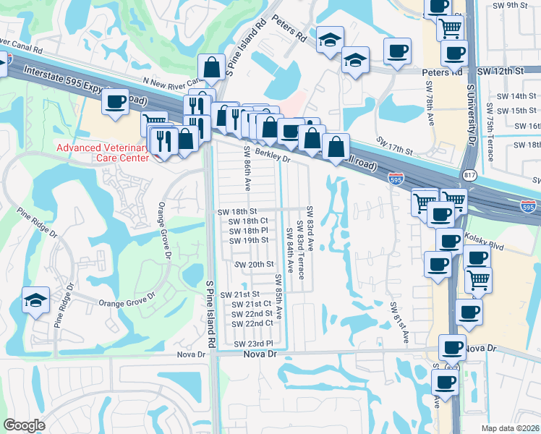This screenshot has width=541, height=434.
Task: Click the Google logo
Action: coord(24,425)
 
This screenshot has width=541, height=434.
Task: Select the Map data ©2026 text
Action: coord(510,428)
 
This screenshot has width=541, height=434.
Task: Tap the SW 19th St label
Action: coord(248,240)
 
